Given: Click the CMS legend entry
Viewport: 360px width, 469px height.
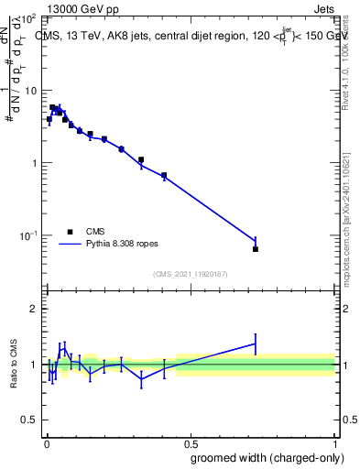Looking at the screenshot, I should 96,232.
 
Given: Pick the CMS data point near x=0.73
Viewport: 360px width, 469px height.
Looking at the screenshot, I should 256,249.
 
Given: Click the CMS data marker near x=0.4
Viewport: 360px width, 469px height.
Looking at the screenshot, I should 164,175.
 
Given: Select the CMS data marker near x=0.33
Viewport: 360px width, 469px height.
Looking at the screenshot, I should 141,159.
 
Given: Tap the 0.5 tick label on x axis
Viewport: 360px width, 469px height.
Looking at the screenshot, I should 190,442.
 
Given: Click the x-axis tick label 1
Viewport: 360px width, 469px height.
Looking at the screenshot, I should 334,442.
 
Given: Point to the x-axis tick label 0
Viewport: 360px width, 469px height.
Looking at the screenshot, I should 46,442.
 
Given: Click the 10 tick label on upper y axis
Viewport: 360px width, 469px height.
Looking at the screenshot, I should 30,91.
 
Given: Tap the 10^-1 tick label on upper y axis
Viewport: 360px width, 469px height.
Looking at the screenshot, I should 28,236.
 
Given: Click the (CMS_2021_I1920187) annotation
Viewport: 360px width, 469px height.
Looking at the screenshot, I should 190,274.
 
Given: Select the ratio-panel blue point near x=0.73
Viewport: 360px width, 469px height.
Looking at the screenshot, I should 256,344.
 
